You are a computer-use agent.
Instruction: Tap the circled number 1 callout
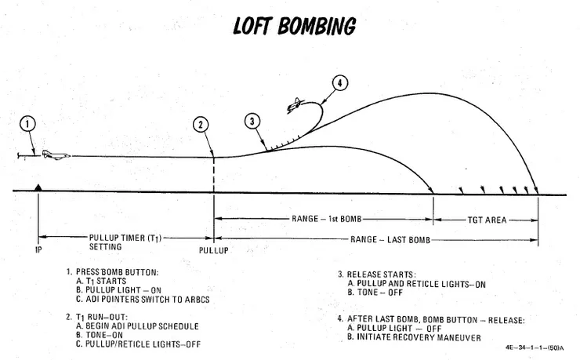pyautogui.click(x=27, y=124)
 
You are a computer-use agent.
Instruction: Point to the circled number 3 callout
pyautogui.click(x=252, y=122)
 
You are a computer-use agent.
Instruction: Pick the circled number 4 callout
pyautogui.click(x=339, y=83)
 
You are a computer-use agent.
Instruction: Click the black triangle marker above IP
pyautogui.click(x=38, y=187)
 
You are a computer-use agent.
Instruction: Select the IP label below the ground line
pyautogui.click(x=38, y=253)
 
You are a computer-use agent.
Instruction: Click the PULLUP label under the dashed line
pyautogui.click(x=212, y=253)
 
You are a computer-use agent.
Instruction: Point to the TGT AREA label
pyautogui.click(x=484, y=219)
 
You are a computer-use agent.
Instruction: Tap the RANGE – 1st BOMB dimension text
pyautogui.click(x=324, y=219)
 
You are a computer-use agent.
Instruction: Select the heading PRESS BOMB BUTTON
pyautogui.click(x=118, y=272)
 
